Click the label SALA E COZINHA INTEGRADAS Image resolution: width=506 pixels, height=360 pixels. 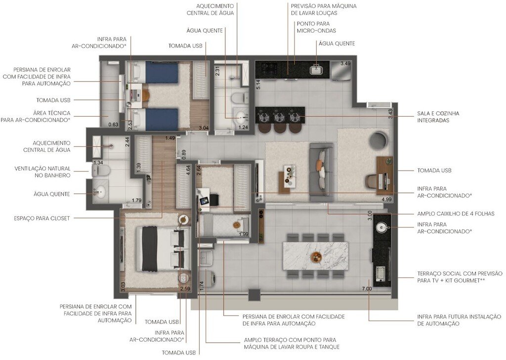[438, 117]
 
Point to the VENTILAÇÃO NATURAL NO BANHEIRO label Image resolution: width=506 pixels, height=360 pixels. [42, 172]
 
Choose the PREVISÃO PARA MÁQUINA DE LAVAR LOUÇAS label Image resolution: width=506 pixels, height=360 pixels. [324, 9]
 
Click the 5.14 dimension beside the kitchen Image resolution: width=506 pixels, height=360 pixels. [258, 84]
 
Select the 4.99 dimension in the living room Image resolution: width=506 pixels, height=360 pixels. [386, 199]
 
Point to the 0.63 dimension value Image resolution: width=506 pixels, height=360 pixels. [113, 125]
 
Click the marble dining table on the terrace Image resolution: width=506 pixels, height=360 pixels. [315, 256]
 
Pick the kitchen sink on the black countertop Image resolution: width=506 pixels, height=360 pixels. [316, 70]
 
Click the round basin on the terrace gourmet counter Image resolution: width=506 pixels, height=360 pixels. [381, 227]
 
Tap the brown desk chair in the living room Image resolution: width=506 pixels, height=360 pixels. [372, 181]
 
